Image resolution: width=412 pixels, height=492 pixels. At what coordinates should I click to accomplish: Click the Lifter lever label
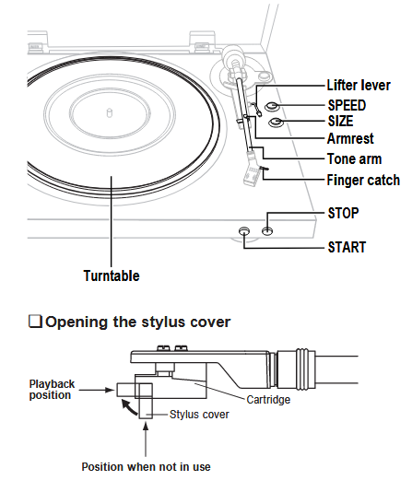tap(359, 86)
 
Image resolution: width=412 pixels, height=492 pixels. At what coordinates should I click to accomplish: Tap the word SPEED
tap(347, 104)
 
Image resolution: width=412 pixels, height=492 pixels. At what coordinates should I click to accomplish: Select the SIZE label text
tap(340, 121)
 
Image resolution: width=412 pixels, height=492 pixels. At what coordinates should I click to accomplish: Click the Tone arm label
tap(354, 158)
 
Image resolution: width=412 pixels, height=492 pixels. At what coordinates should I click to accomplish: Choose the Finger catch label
tap(363, 180)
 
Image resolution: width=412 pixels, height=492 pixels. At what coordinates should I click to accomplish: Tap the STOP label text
tap(343, 213)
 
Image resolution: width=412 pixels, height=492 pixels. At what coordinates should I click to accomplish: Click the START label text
tap(347, 247)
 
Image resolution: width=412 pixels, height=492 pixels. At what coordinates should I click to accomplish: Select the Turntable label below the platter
tap(112, 275)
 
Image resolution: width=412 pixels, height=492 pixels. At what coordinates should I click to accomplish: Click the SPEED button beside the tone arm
tap(274, 107)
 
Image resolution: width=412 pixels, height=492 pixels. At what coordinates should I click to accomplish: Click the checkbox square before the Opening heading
tap(36, 322)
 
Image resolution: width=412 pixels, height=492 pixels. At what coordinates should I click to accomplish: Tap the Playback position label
tap(52, 388)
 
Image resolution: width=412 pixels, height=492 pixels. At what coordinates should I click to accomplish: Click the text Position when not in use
tap(146, 466)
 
